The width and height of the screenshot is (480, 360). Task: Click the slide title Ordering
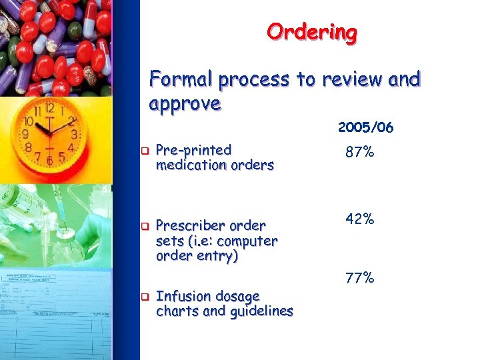pyautogui.click(x=311, y=32)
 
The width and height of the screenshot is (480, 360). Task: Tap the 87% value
pyautogui.click(x=359, y=153)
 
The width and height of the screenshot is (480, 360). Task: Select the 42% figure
pyautogui.click(x=359, y=219)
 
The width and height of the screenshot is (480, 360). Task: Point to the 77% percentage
pyautogui.click(x=359, y=277)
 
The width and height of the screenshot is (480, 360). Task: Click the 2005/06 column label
pyautogui.click(x=365, y=127)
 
